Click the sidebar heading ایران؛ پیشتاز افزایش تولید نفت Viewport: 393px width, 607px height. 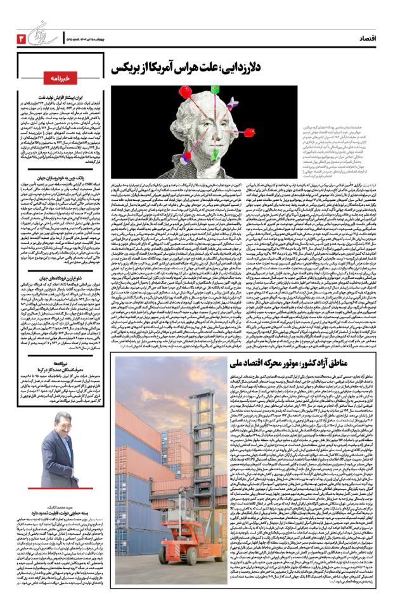click(60, 98)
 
